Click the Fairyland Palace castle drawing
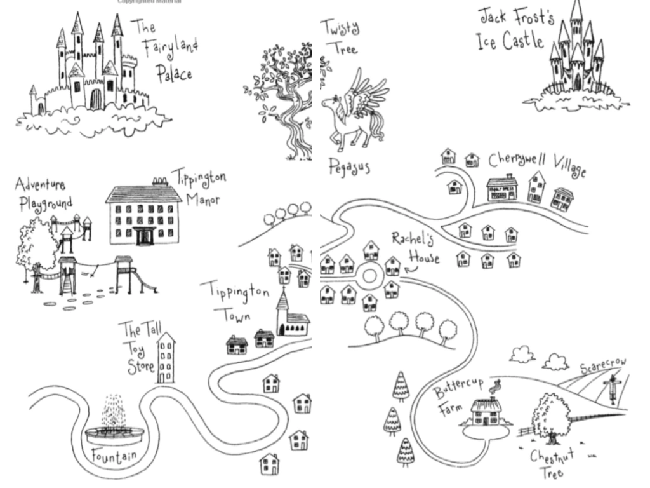coord(89,70)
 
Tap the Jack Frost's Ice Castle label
coord(512,29)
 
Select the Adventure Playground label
coord(43,194)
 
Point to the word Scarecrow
coord(602,367)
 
